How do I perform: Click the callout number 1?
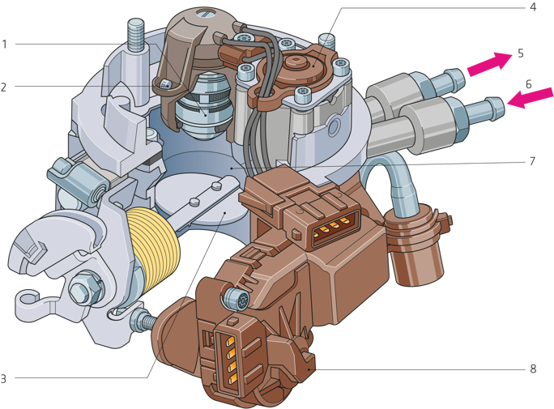tap(5, 45)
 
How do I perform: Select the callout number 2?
tap(4, 87)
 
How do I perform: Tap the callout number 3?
tap(3, 378)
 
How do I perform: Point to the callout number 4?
tap(533, 6)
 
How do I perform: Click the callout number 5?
tap(521, 53)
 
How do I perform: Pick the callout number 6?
tap(529, 84)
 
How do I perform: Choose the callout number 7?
tap(532, 161)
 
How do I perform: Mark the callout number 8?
tap(533, 369)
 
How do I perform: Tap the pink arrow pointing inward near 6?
tap(530, 97)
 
